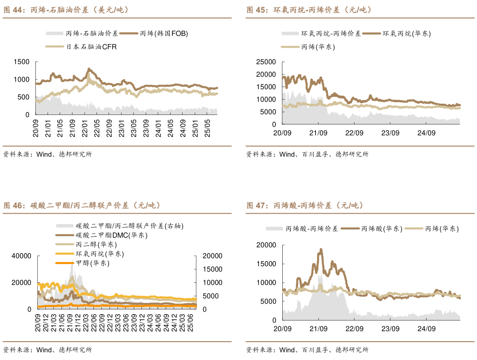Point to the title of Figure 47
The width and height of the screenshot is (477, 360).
click(x=305, y=205)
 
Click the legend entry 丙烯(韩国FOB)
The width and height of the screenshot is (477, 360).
click(x=164, y=33)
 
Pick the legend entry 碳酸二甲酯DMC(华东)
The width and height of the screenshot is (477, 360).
click(x=112, y=235)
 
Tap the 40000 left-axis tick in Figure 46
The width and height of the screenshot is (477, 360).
click(x=22, y=256)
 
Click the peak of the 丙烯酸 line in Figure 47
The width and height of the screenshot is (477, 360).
click(x=321, y=249)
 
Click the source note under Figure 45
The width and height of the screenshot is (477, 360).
click(x=307, y=154)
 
